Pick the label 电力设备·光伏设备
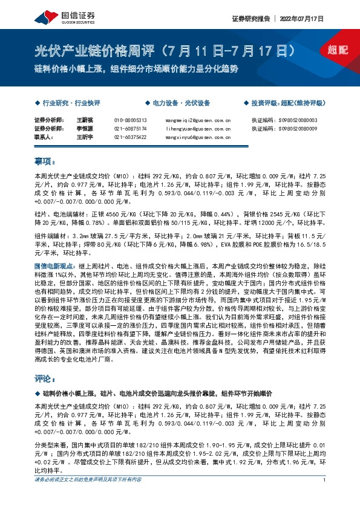click(x=180, y=103)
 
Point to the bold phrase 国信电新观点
click(x=54, y=265)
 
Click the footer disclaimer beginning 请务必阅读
click(x=88, y=479)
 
